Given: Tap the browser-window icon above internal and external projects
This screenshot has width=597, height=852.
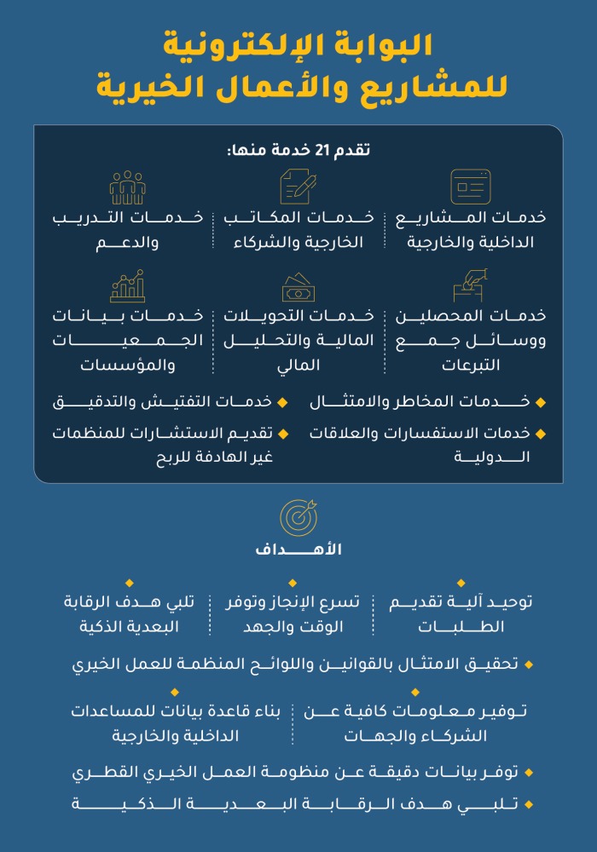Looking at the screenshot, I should pos(471,187).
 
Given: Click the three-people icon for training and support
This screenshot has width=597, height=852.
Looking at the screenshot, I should pos(128,187).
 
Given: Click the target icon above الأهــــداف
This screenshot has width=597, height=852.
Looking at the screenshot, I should pos(298,517).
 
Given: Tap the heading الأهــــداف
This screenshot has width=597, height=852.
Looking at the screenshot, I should pos(298,550).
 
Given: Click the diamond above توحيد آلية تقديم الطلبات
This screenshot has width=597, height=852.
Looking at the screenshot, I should pos(461,583).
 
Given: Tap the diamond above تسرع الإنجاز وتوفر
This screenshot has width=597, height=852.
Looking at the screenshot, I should pos(292,583).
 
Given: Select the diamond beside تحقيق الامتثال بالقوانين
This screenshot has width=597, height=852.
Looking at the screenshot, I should pos(529,663).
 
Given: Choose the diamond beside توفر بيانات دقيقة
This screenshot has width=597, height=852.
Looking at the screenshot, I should pos(529,773).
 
